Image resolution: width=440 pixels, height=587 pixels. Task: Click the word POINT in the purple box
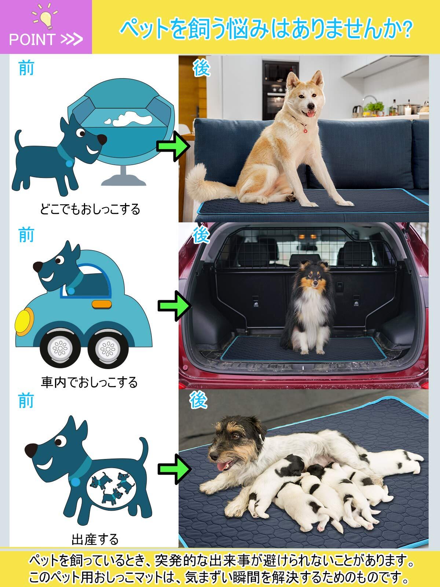tap(32, 39)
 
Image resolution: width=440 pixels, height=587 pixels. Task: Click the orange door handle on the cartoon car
tap(102, 304)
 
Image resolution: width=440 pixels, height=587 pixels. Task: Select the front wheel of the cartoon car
tap(60, 348)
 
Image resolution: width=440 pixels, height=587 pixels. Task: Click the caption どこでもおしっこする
tap(90, 209)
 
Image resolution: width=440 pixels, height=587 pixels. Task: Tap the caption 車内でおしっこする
tap(89, 382)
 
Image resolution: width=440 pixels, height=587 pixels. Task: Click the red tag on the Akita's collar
tap(305, 131)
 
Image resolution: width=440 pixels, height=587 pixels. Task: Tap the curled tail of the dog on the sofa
tap(203, 182)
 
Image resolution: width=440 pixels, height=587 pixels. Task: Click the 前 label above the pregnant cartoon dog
tap(26, 401)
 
